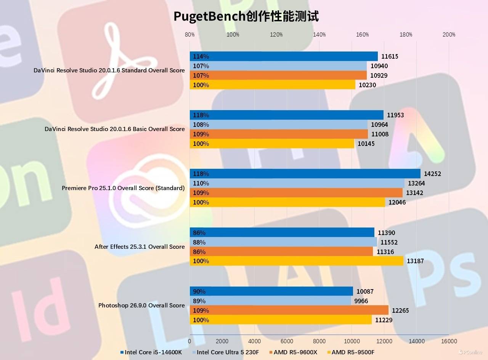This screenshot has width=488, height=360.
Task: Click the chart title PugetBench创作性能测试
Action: (x=246, y=16)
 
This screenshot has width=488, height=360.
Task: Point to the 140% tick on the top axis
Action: (x=319, y=35)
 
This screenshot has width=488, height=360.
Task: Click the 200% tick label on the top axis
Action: (x=449, y=35)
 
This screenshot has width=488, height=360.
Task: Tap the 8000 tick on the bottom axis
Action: (x=319, y=341)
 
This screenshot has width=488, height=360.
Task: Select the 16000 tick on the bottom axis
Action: (x=449, y=341)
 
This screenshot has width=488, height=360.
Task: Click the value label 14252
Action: (x=432, y=174)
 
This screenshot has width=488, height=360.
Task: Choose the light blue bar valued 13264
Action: (x=297, y=183)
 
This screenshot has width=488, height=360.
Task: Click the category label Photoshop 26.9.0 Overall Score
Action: (x=141, y=305)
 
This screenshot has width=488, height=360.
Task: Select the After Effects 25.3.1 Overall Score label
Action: (x=140, y=246)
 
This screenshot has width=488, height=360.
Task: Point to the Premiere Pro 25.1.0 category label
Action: (x=123, y=188)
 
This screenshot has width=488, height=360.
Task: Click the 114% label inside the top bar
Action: (x=201, y=56)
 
